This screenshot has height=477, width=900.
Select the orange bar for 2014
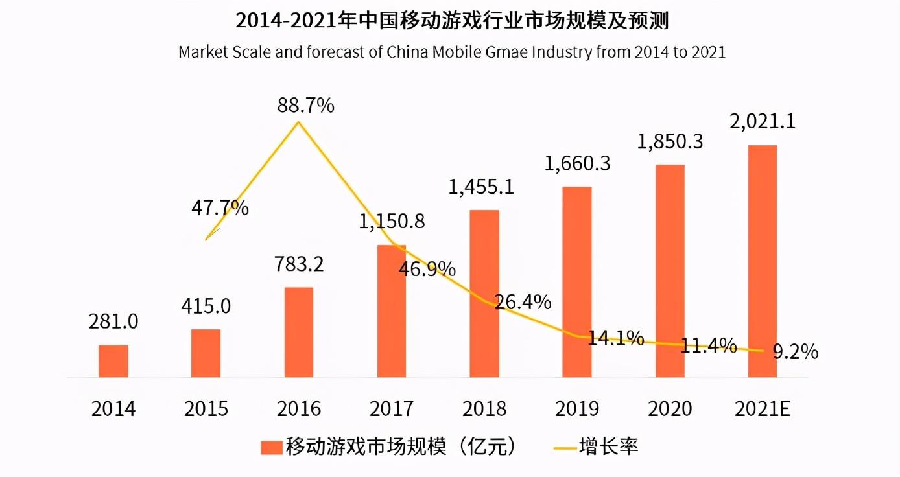click(x=113, y=361)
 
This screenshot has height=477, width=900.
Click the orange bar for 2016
click(x=299, y=332)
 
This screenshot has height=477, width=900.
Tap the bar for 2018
click(x=484, y=293)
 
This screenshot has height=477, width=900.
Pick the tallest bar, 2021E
click(x=763, y=261)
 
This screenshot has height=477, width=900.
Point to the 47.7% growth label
click(x=220, y=208)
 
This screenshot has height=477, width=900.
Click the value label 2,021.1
click(x=762, y=121)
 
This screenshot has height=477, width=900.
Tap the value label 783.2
click(x=300, y=264)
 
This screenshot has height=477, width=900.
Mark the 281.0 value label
click(x=113, y=321)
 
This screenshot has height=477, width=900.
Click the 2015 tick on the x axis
click(x=206, y=409)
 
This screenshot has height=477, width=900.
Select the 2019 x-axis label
click(x=577, y=409)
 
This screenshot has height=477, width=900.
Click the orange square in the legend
click(x=270, y=447)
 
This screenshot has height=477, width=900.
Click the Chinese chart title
click(x=451, y=21)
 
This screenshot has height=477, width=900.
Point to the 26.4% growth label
click(x=523, y=301)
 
